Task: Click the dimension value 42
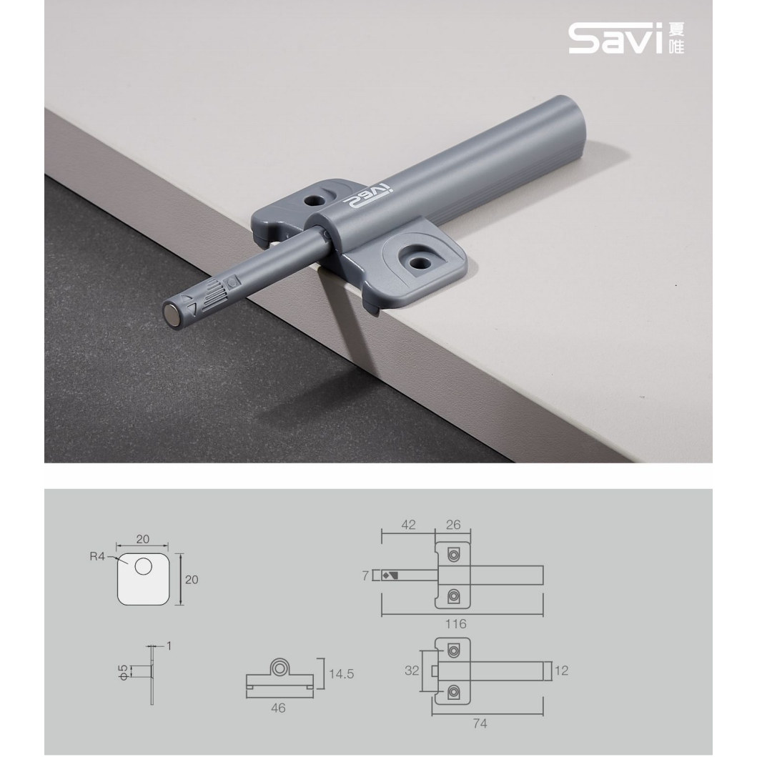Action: click(x=407, y=524)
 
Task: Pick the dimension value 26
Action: click(x=453, y=524)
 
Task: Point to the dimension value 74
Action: click(x=480, y=723)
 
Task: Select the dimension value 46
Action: click(x=278, y=708)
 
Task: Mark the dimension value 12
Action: click(x=561, y=671)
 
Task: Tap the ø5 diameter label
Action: click(x=124, y=670)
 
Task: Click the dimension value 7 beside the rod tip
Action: click(x=365, y=574)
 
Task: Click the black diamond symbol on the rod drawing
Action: click(x=386, y=574)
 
